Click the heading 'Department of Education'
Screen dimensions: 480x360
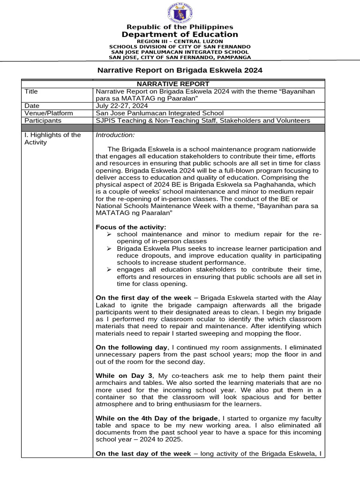(180, 35)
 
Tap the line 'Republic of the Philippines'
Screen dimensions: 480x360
(180, 27)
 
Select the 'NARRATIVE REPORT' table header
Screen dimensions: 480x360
(180, 84)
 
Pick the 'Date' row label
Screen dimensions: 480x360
(32, 106)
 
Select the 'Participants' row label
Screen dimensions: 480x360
(43, 120)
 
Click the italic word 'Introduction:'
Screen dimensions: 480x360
(115, 135)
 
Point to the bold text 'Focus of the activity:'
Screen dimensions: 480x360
(131, 227)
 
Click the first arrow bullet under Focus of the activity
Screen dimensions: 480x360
(109, 234)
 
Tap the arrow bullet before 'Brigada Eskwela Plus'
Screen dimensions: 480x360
(109, 248)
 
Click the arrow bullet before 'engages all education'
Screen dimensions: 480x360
(109, 270)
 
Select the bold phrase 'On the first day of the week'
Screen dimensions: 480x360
(143, 298)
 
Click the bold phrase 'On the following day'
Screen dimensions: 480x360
(131, 347)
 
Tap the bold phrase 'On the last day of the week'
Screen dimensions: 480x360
(143, 454)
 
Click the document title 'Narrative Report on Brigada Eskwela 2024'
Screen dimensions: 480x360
(180, 70)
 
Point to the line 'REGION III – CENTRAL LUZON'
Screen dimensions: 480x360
(180, 41)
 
